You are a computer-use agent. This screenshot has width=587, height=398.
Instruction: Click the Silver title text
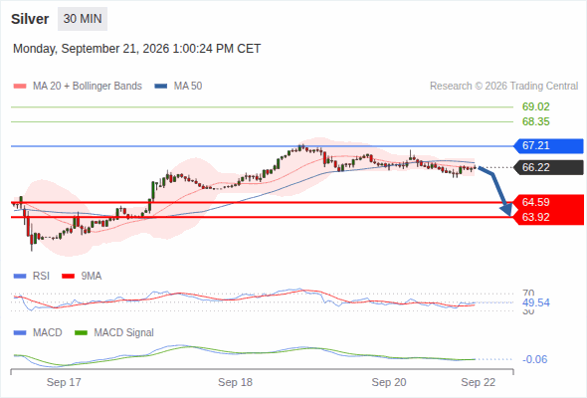[x=30, y=19]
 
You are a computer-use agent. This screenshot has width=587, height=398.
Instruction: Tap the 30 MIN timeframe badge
[x=83, y=19]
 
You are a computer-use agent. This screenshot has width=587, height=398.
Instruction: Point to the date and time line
[x=136, y=49]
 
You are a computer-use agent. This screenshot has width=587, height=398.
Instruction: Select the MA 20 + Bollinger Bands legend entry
[x=78, y=87]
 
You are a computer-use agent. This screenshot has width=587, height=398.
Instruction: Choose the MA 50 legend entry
[x=178, y=87]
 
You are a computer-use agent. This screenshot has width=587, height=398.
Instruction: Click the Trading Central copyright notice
[x=503, y=87]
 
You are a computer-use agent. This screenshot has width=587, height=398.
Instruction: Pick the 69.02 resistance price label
[x=535, y=106]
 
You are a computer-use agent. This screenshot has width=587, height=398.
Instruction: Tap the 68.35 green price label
[x=535, y=121]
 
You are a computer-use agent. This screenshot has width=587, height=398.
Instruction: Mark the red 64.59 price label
[x=535, y=202]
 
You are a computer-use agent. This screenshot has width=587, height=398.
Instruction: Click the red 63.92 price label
[x=535, y=217]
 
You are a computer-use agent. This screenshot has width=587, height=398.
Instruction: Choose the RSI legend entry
[x=32, y=277]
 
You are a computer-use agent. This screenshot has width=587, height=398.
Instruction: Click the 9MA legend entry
[x=82, y=277]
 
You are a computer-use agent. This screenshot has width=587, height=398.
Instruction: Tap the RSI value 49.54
[x=536, y=302]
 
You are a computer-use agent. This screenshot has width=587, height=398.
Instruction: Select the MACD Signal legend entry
[x=114, y=333]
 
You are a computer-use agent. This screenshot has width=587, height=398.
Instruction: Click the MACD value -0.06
[x=534, y=359]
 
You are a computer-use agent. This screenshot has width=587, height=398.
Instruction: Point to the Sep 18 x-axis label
[x=235, y=382]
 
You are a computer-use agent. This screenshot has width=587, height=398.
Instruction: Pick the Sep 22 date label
[x=479, y=382]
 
